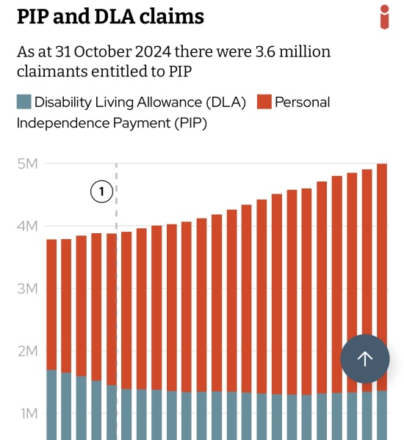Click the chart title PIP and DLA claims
pyautogui.click(x=110, y=17)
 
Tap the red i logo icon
pyautogui.click(x=384, y=16)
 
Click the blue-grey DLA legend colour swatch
pyautogui.click(x=24, y=102)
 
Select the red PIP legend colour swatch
pyautogui.click(x=264, y=102)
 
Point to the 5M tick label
pyautogui.click(x=28, y=164)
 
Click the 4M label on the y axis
pyautogui.click(x=28, y=226)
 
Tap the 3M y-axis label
pyautogui.click(x=28, y=289)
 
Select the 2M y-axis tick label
pyautogui.click(x=28, y=351)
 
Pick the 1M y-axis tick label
pyautogui.click(x=28, y=414)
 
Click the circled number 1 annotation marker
pyautogui.click(x=101, y=192)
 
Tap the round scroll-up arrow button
pyautogui.click(x=365, y=359)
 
